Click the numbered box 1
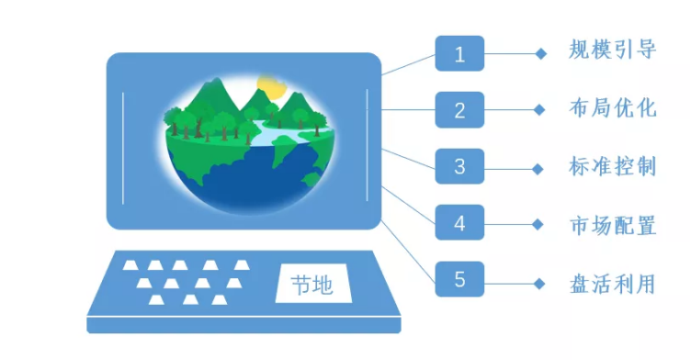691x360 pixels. [459, 54]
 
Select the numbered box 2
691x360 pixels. [459, 110]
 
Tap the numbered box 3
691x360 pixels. [459, 167]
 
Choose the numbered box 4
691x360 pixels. [459, 223]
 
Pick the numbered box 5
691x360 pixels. [459, 280]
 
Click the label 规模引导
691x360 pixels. [612, 51]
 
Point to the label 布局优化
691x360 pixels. [612, 108]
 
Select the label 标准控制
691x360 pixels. [612, 167]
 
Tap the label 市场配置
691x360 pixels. [612, 225]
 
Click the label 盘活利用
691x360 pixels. [612, 283]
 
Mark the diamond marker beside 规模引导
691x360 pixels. [540, 54]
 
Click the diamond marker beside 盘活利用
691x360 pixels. [540, 280]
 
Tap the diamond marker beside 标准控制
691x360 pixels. [540, 168]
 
